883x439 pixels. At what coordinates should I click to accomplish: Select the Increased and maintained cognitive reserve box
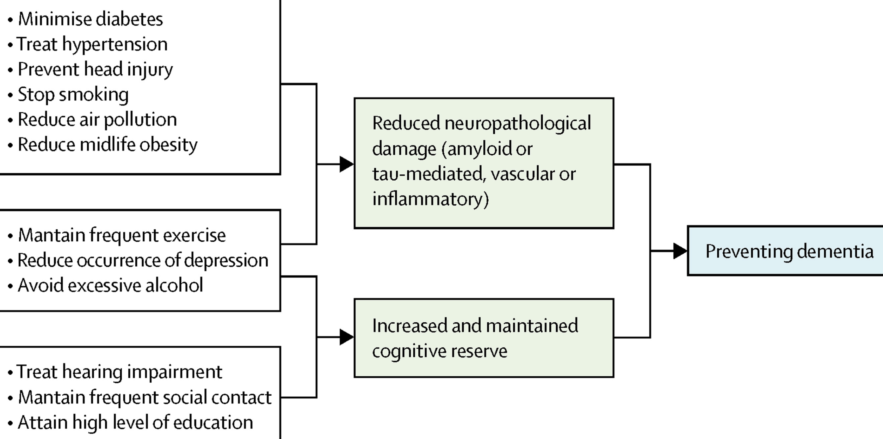point(483,338)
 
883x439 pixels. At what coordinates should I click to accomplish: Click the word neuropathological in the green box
point(517,123)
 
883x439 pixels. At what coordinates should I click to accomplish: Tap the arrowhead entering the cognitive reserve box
point(346,337)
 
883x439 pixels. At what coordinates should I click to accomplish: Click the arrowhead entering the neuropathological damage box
point(346,164)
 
